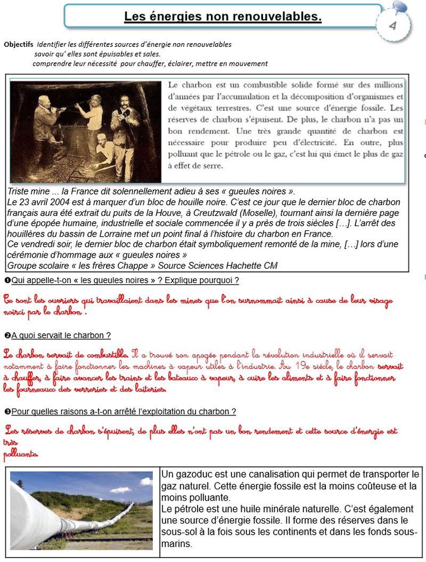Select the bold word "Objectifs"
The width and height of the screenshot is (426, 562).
(x=19, y=44)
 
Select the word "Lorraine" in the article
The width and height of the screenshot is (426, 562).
(x=116, y=234)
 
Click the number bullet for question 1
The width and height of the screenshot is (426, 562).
(x=7, y=280)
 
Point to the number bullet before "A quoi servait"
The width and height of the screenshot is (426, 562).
(x=7, y=335)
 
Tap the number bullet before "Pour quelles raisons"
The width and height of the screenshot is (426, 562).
(x=7, y=412)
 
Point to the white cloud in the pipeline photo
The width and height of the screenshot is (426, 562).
(x=120, y=489)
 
